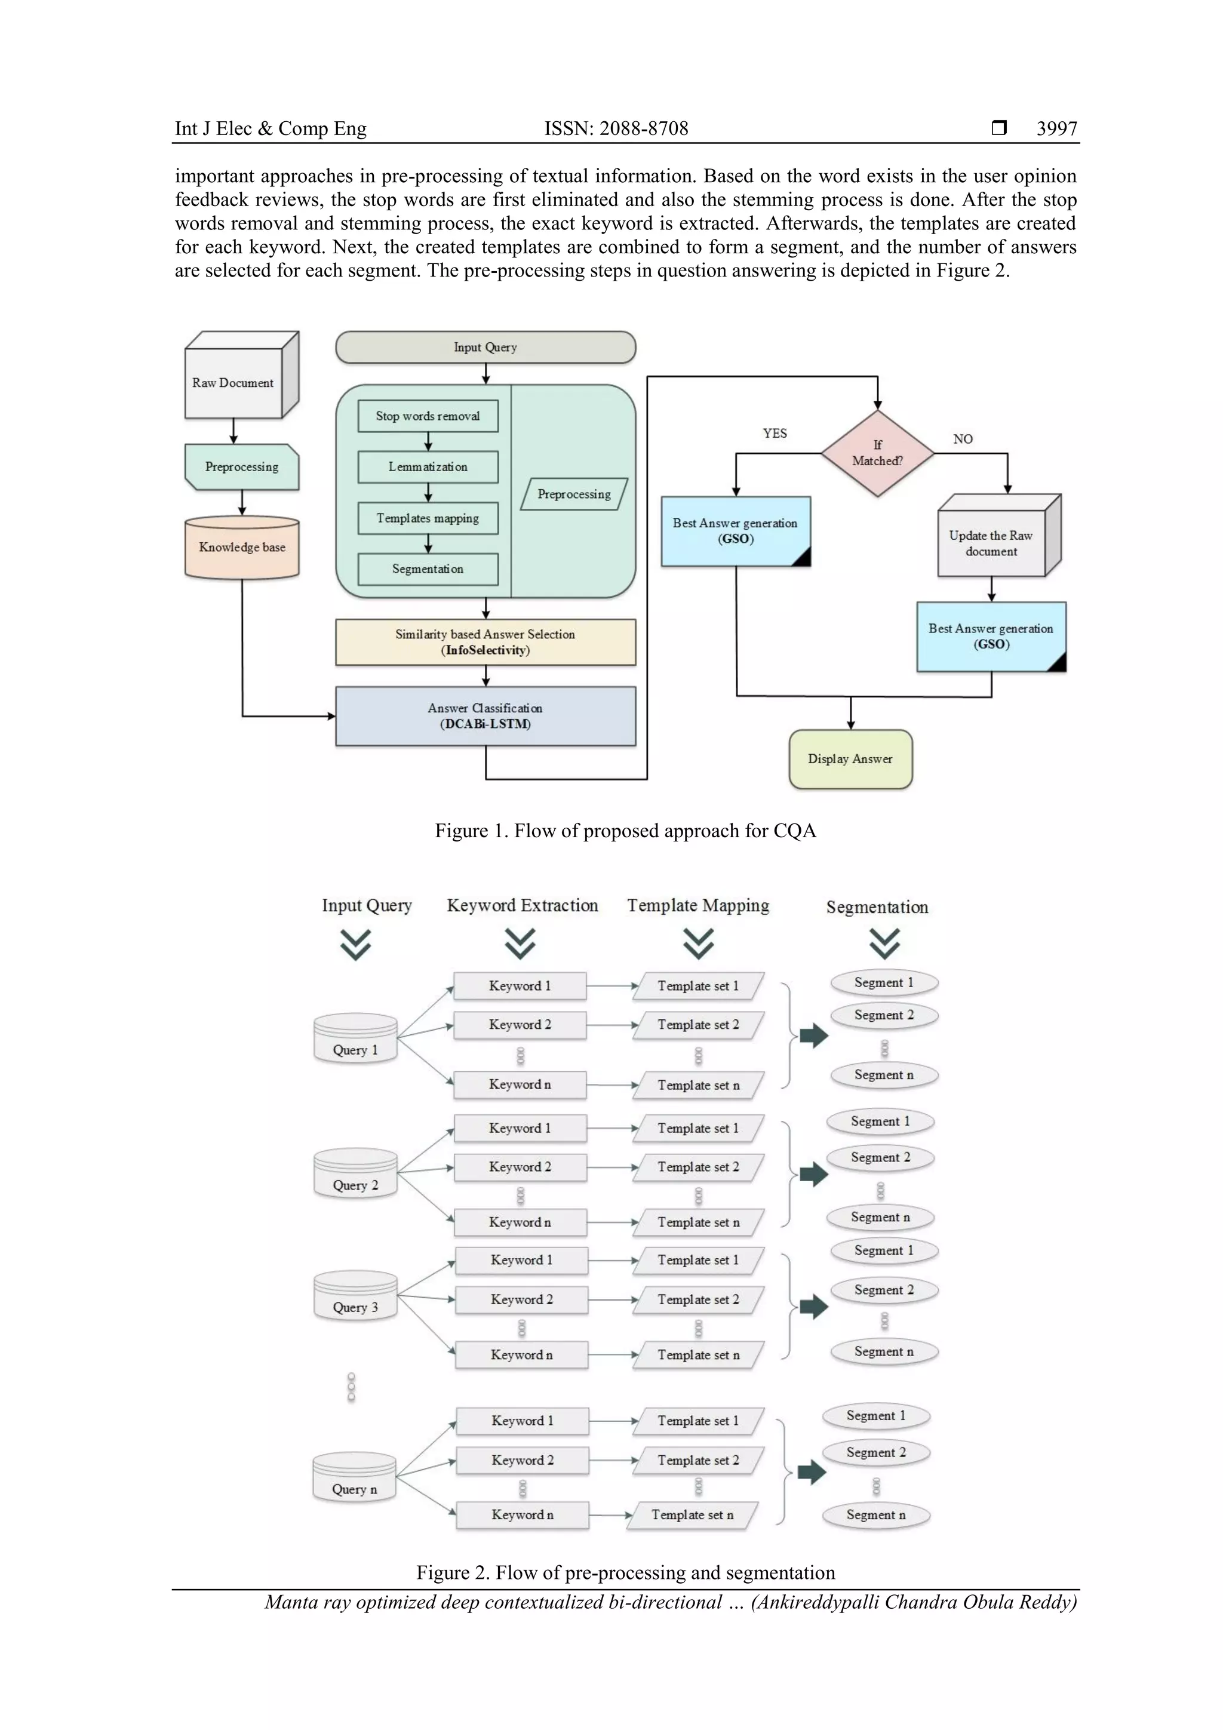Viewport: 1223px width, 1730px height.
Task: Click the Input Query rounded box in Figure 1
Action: coord(485,348)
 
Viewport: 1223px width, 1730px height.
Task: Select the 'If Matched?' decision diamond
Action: coord(877,453)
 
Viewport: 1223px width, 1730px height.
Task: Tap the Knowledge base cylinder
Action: coord(242,548)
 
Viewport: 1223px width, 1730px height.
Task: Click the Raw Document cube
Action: coord(233,383)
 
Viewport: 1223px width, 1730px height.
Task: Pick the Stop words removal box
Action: coord(427,416)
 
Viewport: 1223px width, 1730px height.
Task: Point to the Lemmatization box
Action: coord(427,467)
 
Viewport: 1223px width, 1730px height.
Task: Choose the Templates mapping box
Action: coord(427,518)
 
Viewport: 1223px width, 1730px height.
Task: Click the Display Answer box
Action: coord(850,759)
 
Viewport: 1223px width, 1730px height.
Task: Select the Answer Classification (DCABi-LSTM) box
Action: coord(485,716)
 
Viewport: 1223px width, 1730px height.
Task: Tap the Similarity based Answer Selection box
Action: coord(485,642)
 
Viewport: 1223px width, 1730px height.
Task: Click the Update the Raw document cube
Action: coord(991,542)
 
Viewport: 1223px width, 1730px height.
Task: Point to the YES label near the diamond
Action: coord(775,434)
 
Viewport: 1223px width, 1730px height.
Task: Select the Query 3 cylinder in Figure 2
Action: coord(355,1296)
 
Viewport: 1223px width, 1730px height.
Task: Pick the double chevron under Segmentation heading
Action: coord(884,944)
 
